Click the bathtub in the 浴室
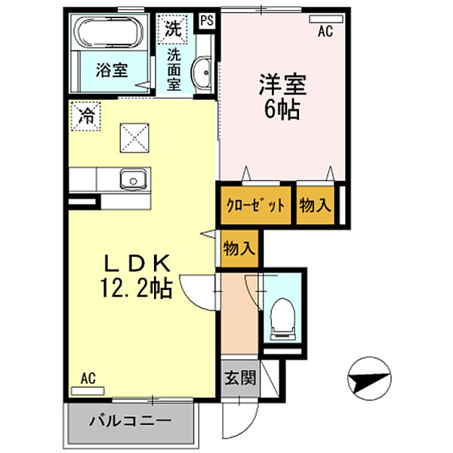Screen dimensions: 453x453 tap(109, 35)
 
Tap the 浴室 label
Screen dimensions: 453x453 tap(112, 70)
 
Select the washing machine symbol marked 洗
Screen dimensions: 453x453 tap(173, 29)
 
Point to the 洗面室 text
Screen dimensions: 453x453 tap(174, 69)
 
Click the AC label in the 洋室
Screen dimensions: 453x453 tap(325, 31)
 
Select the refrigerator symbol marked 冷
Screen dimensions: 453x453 tap(87, 117)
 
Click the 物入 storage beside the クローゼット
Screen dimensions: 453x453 tap(315, 205)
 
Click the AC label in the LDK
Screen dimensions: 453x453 tap(89, 380)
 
